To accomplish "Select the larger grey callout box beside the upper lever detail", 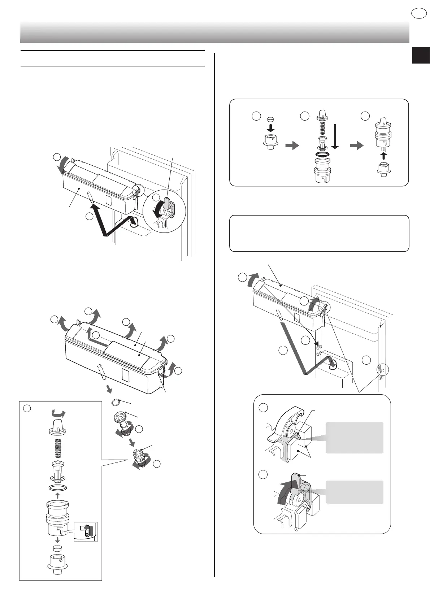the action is (354, 437).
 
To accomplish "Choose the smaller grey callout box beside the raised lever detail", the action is (354, 492).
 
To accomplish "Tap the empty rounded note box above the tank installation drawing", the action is (319, 233).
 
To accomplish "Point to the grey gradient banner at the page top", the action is (214, 32).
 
